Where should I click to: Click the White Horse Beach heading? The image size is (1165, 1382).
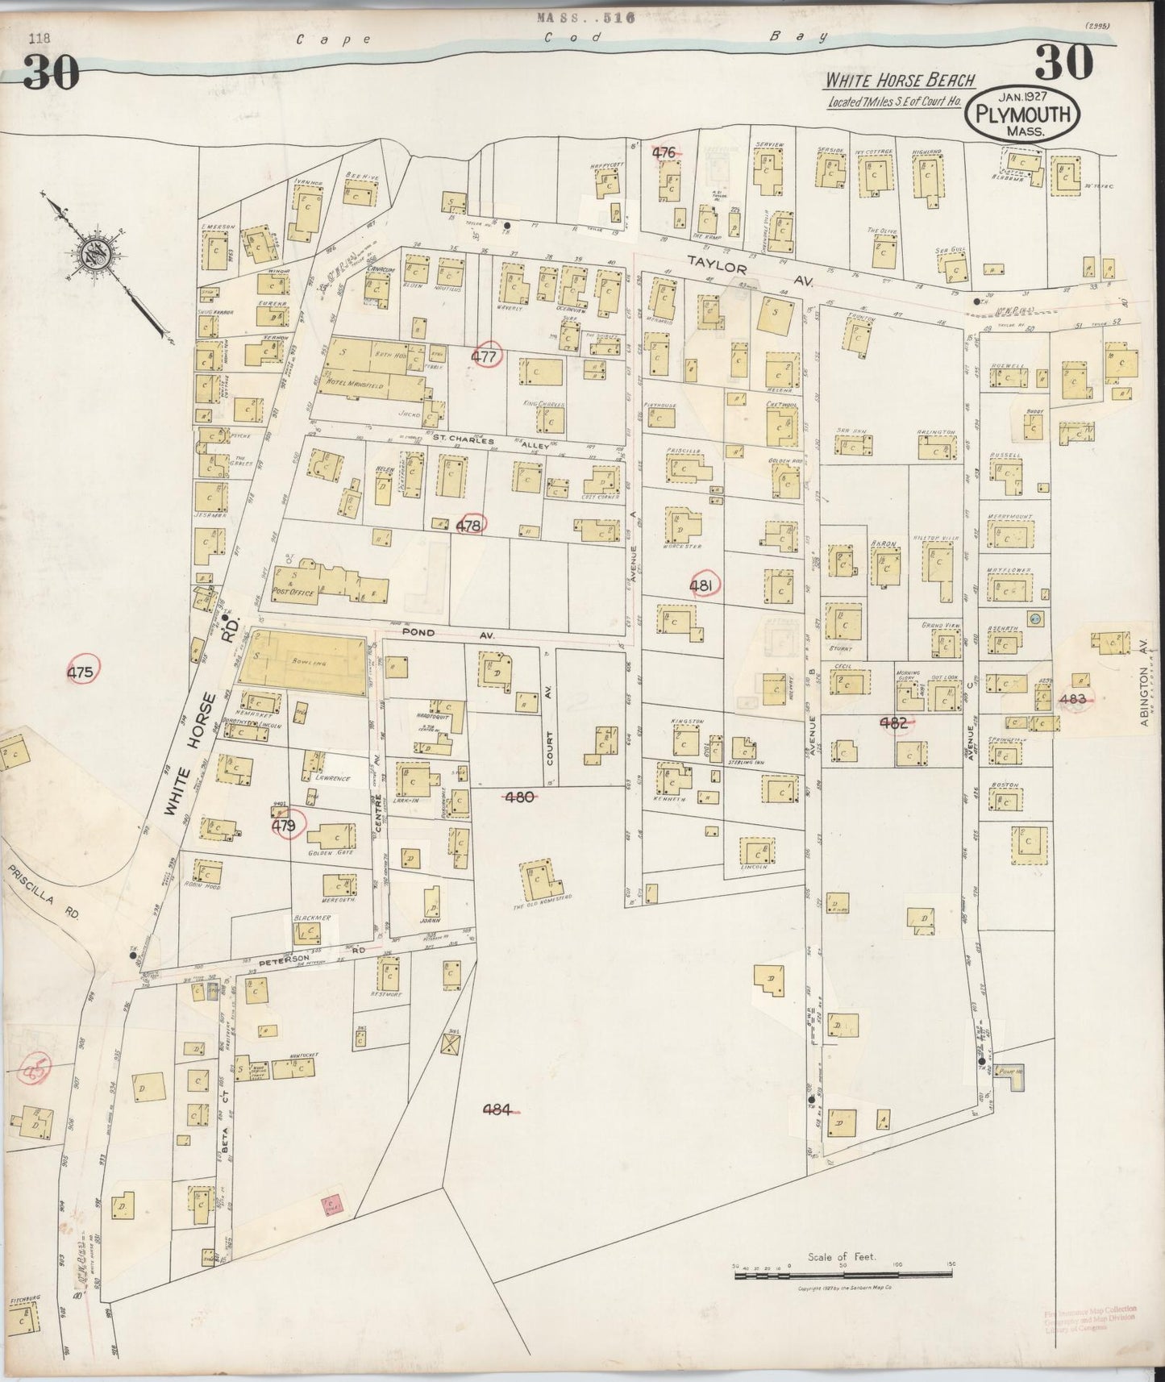click(900, 81)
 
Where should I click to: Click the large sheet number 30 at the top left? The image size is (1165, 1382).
click(52, 74)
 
